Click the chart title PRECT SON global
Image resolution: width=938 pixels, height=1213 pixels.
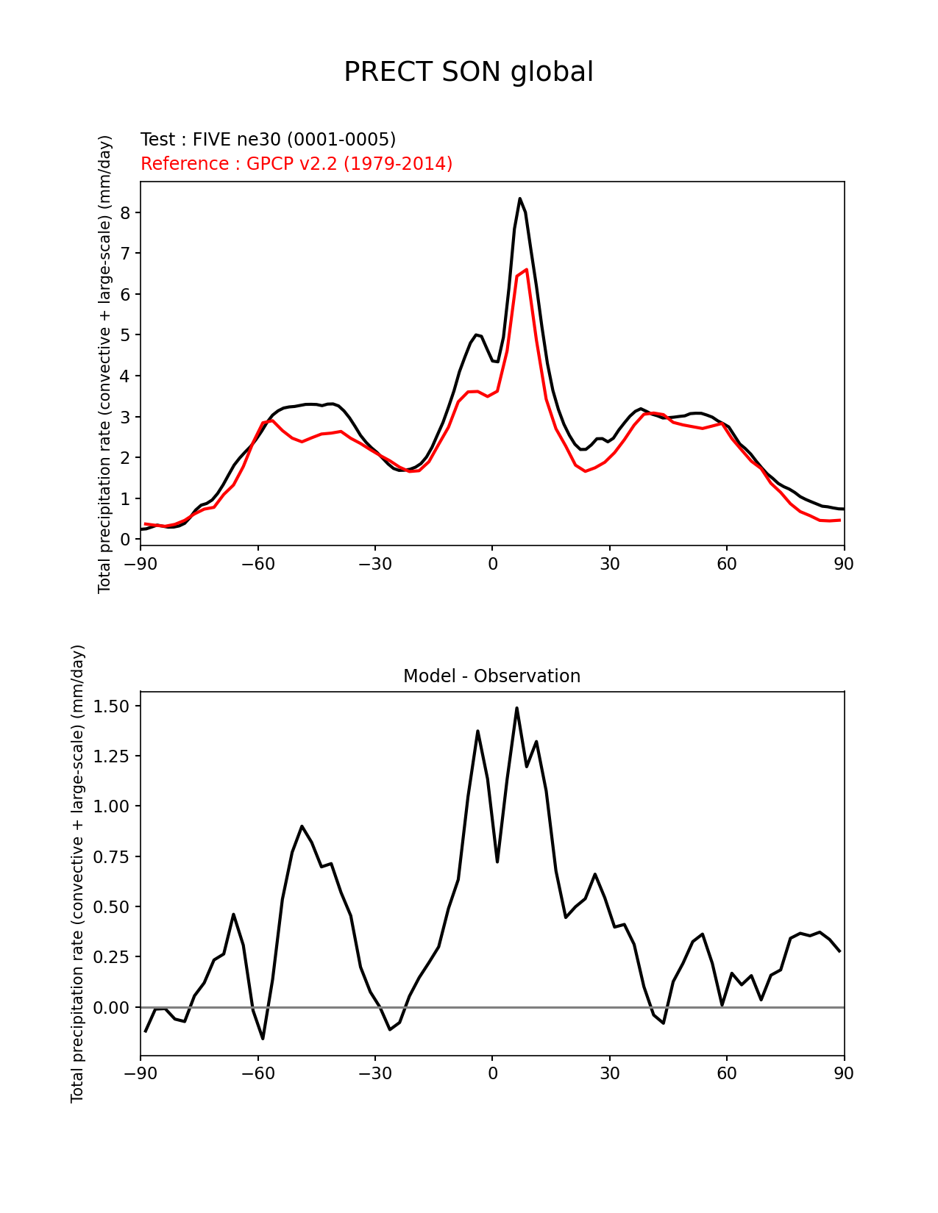click(x=469, y=72)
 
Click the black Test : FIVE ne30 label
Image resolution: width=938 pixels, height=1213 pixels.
click(x=268, y=140)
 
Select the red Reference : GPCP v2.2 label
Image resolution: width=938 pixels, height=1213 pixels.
click(x=296, y=164)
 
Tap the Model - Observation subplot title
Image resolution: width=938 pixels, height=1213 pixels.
click(x=491, y=676)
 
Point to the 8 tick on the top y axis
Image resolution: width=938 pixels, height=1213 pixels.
click(x=126, y=212)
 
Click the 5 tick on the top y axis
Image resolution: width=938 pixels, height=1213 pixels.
click(x=126, y=335)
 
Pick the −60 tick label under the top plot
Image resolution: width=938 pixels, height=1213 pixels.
click(x=257, y=565)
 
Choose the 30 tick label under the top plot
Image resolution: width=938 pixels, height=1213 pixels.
click(x=609, y=565)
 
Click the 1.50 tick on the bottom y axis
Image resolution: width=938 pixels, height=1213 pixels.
click(x=112, y=706)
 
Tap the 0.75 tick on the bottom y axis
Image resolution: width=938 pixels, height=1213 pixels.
click(x=112, y=856)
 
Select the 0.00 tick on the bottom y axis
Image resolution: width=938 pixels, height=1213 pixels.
click(x=112, y=1007)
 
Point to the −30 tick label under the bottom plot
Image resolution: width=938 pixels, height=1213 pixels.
click(x=374, y=1074)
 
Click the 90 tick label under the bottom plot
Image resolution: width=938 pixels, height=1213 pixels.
click(x=844, y=1074)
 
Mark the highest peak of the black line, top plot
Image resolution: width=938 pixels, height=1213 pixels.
click(x=519, y=198)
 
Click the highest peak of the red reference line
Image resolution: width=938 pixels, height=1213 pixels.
click(x=526, y=270)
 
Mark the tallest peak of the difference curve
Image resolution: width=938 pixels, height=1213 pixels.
click(x=516, y=708)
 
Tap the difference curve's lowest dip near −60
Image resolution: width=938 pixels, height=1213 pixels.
click(x=263, y=1038)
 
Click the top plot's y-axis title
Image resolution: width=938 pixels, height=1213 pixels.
click(x=105, y=364)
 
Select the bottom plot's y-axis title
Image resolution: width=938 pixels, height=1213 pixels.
click(x=78, y=873)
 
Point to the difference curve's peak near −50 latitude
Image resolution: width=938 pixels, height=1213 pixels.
click(x=302, y=826)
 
